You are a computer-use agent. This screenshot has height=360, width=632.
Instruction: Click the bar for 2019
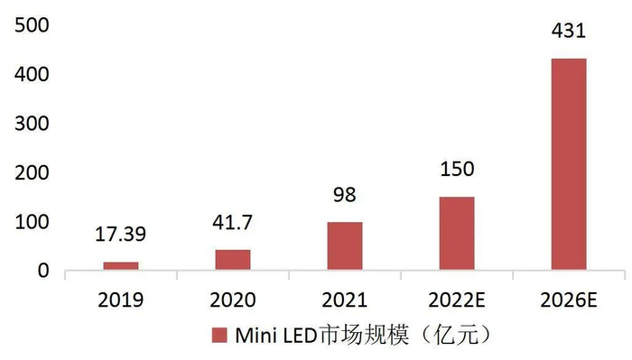coord(121,265)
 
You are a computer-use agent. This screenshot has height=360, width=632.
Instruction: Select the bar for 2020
coord(233,259)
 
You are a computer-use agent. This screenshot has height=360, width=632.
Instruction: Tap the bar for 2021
coord(345,245)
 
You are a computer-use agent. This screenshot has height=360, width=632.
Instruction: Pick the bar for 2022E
coord(457,233)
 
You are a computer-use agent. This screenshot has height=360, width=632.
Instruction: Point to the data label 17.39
coord(121,237)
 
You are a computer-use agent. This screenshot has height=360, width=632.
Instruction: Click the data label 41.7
coord(233,226)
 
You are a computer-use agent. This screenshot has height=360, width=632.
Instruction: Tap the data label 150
coord(457,171)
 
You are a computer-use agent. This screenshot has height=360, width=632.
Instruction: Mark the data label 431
coord(569,32)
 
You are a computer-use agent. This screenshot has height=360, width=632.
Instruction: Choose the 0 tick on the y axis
coord(42,271)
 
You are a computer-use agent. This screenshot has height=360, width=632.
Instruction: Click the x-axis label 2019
coord(121,299)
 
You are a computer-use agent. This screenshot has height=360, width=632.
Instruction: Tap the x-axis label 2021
coord(345,299)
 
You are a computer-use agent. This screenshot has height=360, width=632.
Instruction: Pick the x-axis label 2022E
coord(457,299)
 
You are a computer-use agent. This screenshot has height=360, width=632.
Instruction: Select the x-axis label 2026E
coord(569,299)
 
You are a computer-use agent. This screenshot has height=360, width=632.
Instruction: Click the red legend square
coord(219,337)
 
